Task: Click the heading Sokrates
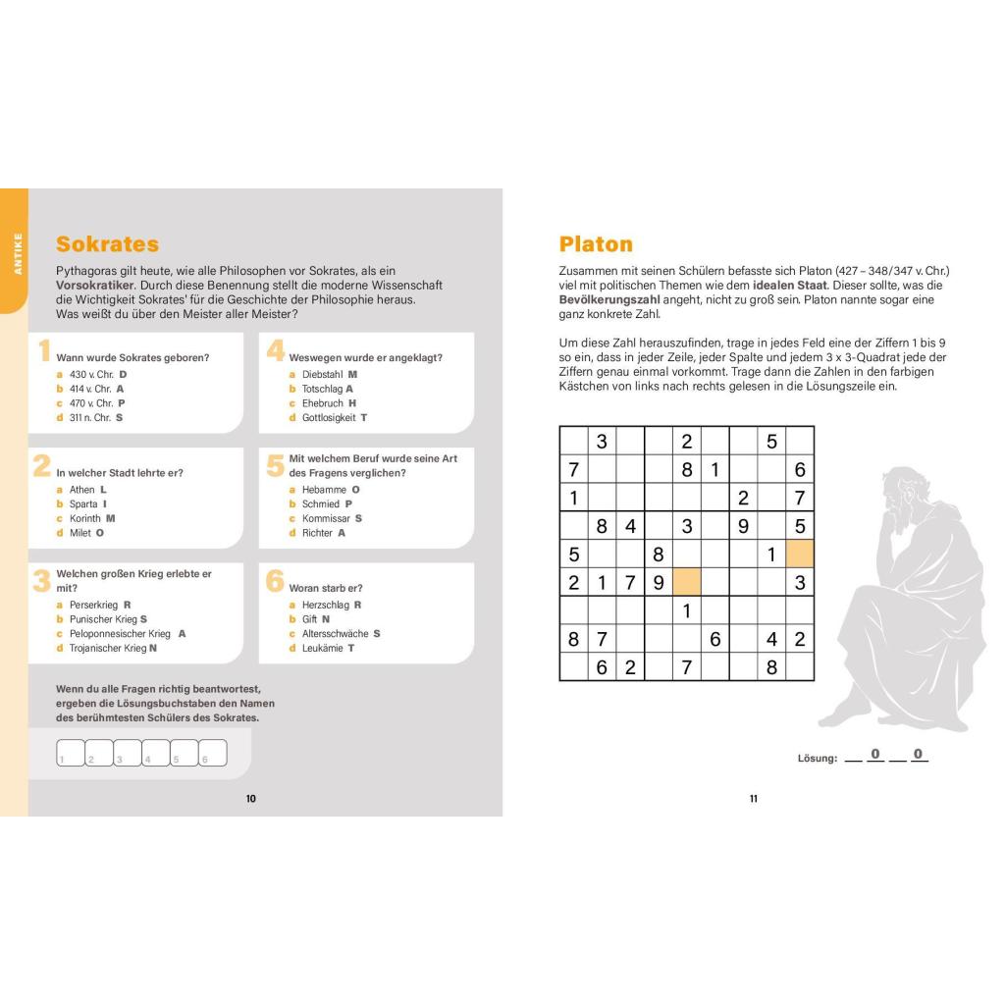pyautogui.click(x=107, y=244)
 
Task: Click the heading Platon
pyautogui.click(x=596, y=244)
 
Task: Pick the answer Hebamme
pyautogui.click(x=323, y=489)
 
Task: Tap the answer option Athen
pyautogui.click(x=82, y=489)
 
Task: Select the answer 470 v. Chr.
pyautogui.click(x=91, y=403)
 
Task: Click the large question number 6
pyautogui.click(x=276, y=581)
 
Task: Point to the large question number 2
pyautogui.click(x=42, y=465)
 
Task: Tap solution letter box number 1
pyautogui.click(x=70, y=753)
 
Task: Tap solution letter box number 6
pyautogui.click(x=212, y=753)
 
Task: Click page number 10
pyautogui.click(x=250, y=799)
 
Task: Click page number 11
pyautogui.click(x=754, y=799)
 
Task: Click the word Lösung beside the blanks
pyautogui.click(x=818, y=759)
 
